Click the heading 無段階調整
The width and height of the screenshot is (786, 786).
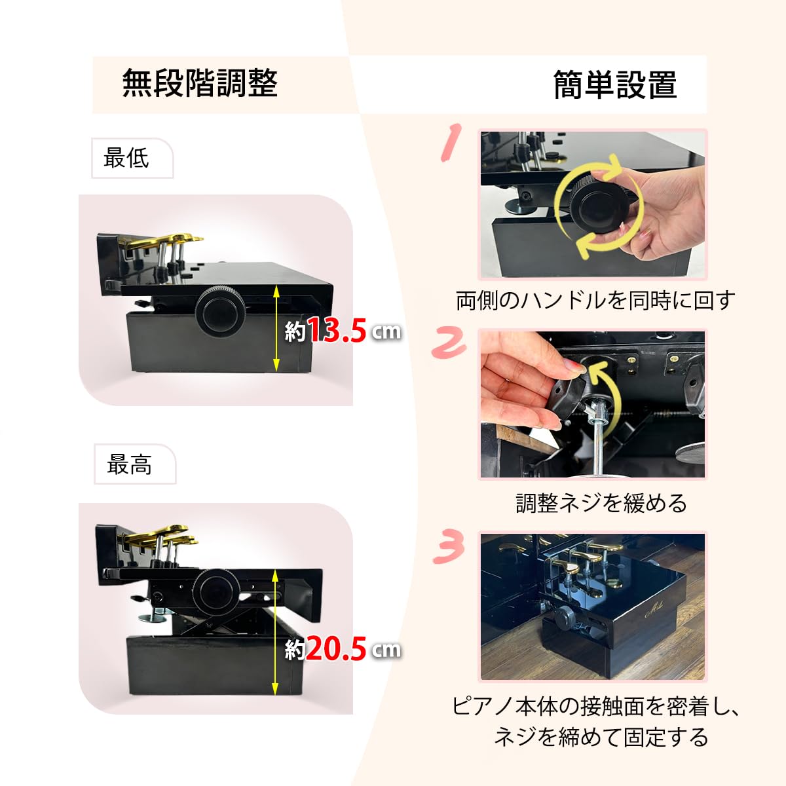[x=200, y=84]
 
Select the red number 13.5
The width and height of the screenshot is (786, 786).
[x=337, y=331]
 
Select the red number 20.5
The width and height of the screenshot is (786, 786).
[x=335, y=649]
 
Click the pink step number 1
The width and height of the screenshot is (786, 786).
[x=451, y=142]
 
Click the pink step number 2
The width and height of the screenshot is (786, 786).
[x=449, y=343]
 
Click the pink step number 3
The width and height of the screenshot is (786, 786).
[x=449, y=546]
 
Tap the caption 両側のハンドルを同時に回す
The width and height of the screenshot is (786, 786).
[x=595, y=300]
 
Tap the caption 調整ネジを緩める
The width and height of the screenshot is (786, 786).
[x=601, y=503]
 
